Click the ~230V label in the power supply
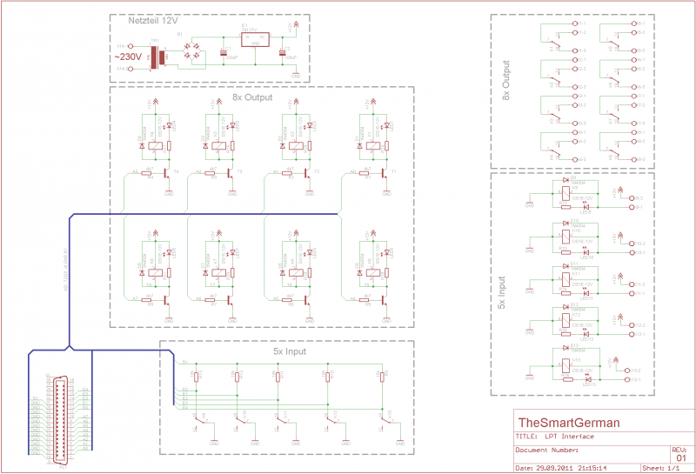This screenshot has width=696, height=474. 131,57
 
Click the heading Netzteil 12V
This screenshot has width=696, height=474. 144,19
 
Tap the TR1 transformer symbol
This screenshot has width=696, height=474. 158,58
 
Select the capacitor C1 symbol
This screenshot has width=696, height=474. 224,54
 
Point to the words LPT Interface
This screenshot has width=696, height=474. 563,437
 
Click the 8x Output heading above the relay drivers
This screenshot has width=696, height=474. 252,98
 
